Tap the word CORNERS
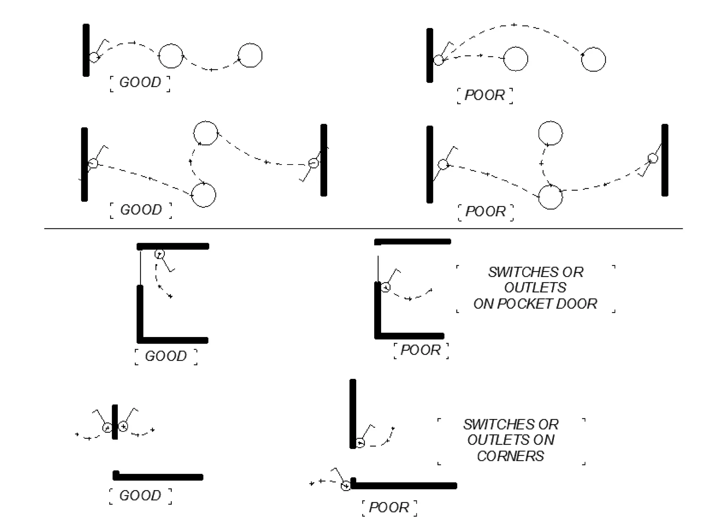(x=510, y=456)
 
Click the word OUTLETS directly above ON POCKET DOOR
(x=535, y=287)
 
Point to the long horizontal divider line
(x=364, y=229)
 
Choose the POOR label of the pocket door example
(x=421, y=350)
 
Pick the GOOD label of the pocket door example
(x=166, y=356)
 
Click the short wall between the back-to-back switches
(x=115, y=422)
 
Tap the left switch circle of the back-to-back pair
(x=107, y=428)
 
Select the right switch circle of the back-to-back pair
(x=123, y=426)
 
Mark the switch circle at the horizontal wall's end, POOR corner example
(x=345, y=486)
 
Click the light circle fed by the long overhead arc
(x=593, y=60)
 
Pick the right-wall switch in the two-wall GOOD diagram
(x=313, y=163)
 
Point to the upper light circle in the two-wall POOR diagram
(x=550, y=133)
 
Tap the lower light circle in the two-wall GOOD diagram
(x=204, y=195)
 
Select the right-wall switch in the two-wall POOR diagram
(x=653, y=158)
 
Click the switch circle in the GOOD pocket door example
(x=159, y=254)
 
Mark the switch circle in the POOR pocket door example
(x=386, y=287)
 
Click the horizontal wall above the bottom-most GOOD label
(x=158, y=477)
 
